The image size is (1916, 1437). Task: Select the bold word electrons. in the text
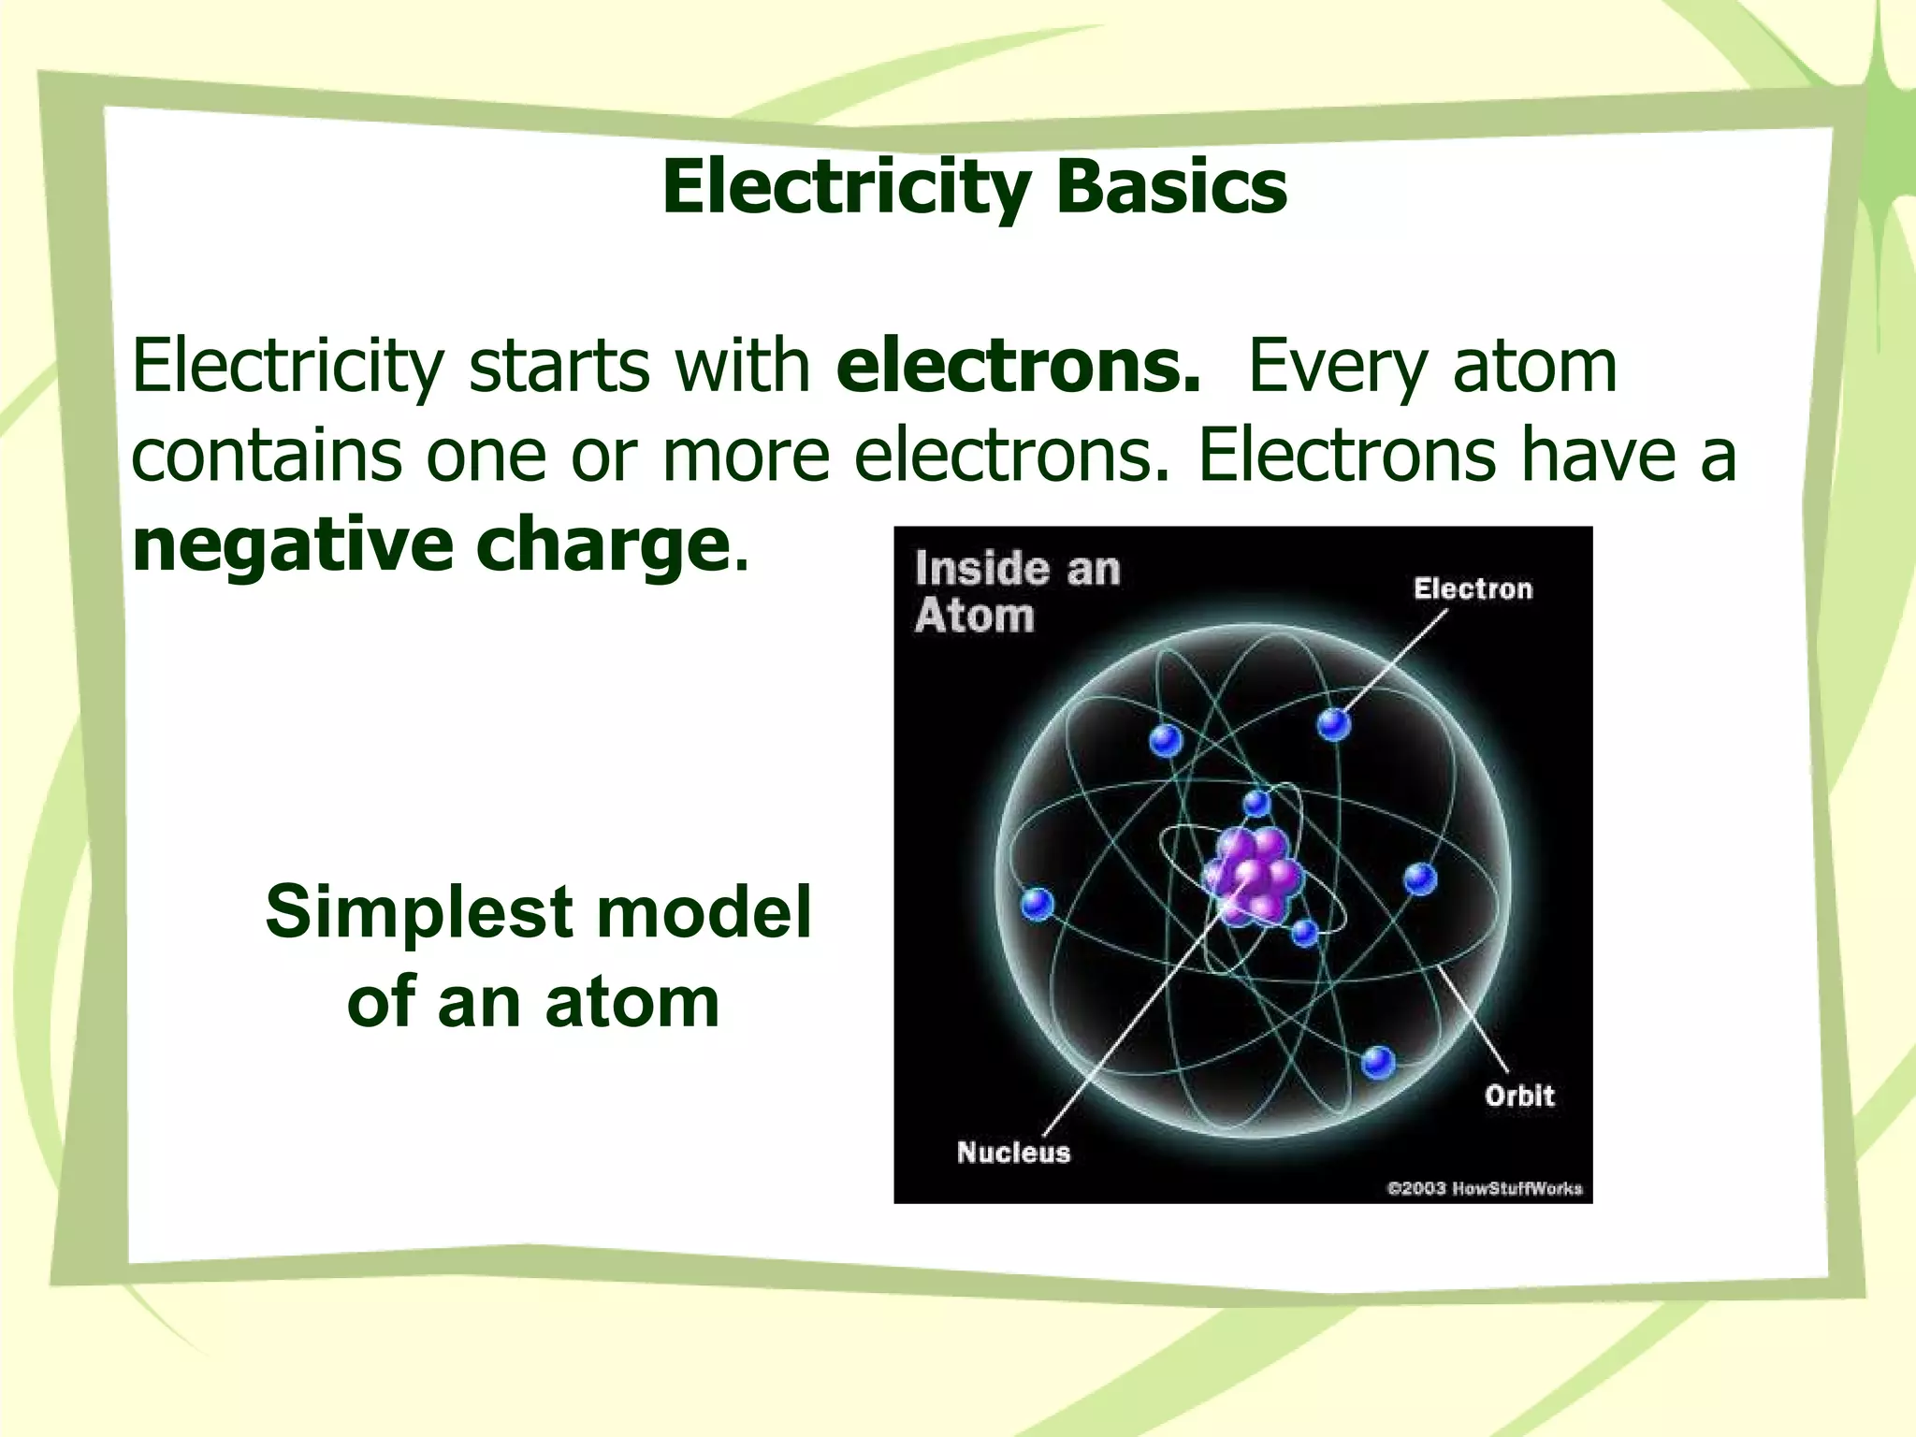tap(1018, 366)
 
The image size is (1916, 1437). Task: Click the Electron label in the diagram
tap(1473, 588)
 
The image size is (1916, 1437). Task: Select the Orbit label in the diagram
tap(1518, 1096)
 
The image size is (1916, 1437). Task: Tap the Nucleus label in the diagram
tap(1013, 1152)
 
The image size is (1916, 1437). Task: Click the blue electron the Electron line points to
tap(1334, 723)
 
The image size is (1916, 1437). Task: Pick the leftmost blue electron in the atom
tap(1037, 904)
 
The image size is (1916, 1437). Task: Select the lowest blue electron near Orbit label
tap(1377, 1062)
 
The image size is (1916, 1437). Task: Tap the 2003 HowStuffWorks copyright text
tap(1484, 1188)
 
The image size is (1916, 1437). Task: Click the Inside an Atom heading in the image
tap(1016, 592)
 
